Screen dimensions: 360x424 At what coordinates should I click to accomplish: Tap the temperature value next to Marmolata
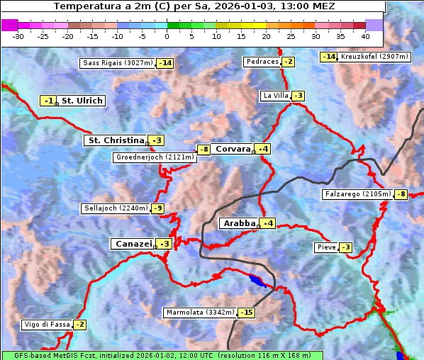(x=246, y=313)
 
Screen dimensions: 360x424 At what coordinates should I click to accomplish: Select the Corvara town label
(x=233, y=149)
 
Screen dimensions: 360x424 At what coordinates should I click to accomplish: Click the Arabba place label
(x=238, y=223)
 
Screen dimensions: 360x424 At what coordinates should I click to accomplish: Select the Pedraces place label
(x=262, y=62)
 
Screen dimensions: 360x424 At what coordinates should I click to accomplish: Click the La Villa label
(x=275, y=96)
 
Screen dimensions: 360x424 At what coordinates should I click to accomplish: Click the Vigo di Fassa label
(x=47, y=325)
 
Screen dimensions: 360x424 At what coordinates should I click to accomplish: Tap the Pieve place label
(x=326, y=247)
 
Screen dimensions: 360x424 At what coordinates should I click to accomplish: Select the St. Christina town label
(x=115, y=140)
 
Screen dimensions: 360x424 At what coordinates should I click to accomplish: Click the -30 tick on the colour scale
(x=18, y=36)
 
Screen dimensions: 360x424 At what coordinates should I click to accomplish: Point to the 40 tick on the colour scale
(x=365, y=36)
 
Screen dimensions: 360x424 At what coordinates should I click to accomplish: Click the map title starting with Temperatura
(x=194, y=6)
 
